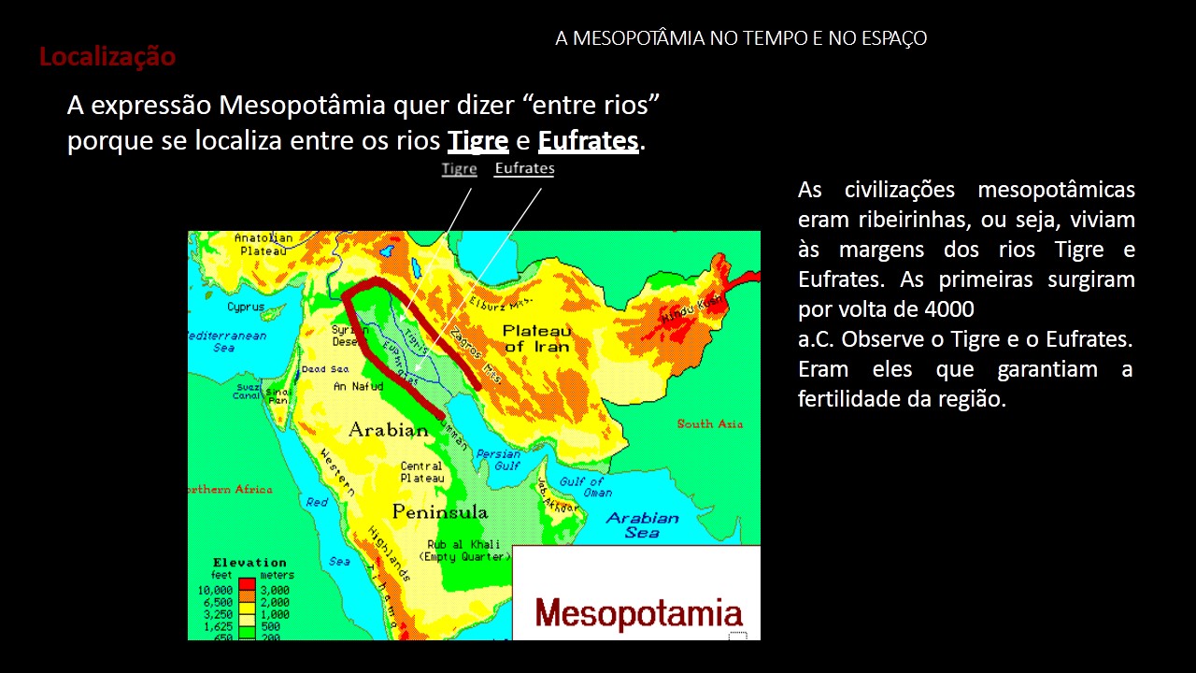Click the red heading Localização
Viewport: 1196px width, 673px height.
pos(107,57)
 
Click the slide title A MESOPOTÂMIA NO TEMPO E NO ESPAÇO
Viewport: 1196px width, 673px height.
pos(740,38)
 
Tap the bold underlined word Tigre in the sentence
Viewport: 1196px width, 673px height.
pos(477,141)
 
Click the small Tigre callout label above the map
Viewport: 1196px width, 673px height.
pos(460,169)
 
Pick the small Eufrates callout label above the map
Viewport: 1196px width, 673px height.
pos(524,169)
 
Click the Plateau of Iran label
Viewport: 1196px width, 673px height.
pos(536,338)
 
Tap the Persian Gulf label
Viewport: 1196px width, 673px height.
pos(498,460)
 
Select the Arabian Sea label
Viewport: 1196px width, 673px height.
pos(642,524)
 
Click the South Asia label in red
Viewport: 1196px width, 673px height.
pos(710,423)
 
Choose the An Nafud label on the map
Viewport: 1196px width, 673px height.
pos(360,385)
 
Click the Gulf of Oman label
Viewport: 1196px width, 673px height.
pos(587,487)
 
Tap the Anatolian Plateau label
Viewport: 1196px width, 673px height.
pos(263,244)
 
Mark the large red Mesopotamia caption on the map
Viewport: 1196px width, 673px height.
pos(639,614)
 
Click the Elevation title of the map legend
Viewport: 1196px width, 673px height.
pos(249,563)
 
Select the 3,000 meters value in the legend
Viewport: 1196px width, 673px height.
pos(274,591)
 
